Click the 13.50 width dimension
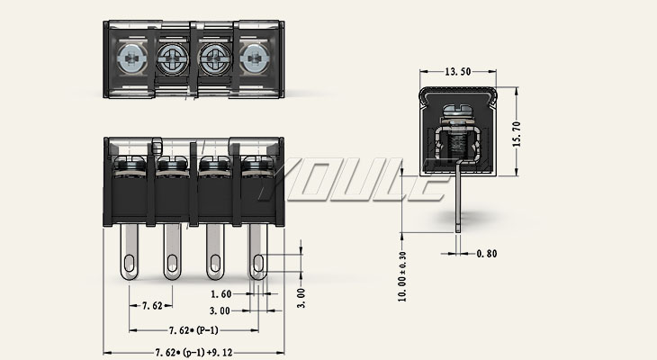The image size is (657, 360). pos(459,71)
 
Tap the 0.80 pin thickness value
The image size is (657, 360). pos(486,254)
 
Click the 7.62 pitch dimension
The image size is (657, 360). pos(152,306)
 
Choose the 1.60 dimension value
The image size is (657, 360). pos(221,294)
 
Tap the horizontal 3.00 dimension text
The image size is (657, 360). pos(221,310)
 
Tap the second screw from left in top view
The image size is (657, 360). pos(172,59)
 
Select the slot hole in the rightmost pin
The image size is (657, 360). pos(259,263)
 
